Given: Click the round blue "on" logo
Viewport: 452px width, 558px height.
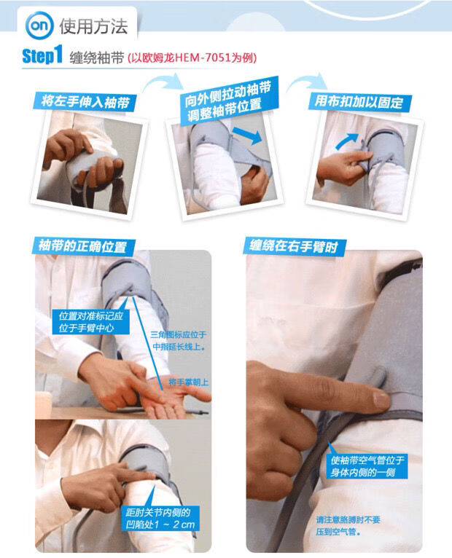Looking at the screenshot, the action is [39, 25].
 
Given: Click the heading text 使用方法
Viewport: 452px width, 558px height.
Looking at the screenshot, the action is [93, 26].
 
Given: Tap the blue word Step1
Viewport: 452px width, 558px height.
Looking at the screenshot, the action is [42, 55].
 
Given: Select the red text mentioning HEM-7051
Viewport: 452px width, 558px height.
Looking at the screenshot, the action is [192, 58].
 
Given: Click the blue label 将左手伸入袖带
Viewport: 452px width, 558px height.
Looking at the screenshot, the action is [85, 102].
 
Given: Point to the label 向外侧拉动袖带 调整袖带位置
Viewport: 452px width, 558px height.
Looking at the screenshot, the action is [229, 101].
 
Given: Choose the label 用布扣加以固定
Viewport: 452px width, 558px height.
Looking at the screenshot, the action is [359, 102].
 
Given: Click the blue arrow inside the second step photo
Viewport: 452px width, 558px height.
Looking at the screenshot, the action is [247, 135].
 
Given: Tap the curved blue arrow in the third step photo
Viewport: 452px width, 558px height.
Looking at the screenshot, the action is [346, 141].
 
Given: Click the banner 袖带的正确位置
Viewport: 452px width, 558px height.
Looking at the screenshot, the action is [83, 246].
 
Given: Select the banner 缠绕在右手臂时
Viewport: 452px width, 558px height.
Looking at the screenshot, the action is [295, 246].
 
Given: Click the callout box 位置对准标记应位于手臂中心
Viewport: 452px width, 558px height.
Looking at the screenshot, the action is [91, 321].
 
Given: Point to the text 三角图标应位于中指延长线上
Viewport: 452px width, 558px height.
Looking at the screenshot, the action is [179, 341].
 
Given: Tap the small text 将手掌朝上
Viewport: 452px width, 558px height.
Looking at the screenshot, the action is [188, 382].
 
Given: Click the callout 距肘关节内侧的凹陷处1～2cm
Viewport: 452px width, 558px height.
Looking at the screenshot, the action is [160, 518].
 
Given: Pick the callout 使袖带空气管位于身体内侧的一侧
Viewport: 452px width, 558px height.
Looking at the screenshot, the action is [367, 466].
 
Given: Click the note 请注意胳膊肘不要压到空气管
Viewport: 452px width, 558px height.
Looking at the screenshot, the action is [348, 526].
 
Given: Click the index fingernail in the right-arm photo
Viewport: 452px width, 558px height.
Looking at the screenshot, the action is [381, 400].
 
